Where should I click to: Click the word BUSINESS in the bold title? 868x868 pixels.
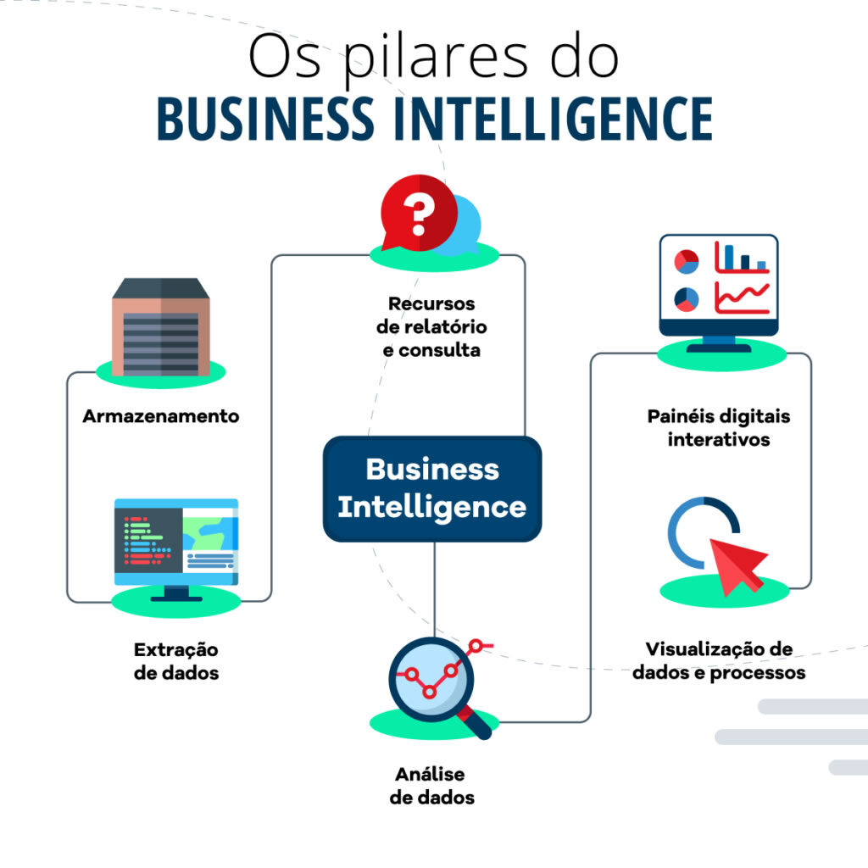265,118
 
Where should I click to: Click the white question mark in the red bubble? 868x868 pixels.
419,213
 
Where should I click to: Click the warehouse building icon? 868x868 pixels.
161,327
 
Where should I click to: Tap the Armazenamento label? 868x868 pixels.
161,415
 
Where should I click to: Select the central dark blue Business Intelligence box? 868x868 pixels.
432,489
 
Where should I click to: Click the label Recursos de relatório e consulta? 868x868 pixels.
431,326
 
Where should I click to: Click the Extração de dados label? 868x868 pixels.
176,661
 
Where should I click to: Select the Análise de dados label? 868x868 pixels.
431,786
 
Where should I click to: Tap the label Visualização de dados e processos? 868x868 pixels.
719,660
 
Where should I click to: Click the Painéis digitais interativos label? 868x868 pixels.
719,427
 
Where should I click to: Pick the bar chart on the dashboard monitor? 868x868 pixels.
742,257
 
